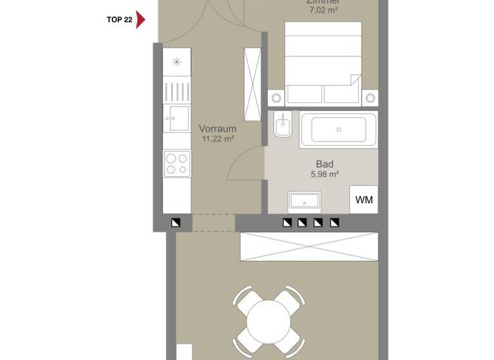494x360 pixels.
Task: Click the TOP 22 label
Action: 119,20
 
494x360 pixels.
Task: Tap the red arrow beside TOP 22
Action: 141,19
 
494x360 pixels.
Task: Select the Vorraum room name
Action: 217,129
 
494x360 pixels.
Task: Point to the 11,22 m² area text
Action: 217,138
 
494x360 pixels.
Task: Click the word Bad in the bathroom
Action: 324,164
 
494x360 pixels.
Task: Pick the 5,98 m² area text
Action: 324,174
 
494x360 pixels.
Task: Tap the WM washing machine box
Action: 363,200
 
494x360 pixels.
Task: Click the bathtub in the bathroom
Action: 338,129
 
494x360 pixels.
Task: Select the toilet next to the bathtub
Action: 282,125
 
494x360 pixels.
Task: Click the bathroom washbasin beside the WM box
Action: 304,201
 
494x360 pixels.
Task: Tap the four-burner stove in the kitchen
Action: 177,163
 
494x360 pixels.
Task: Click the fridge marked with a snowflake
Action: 177,62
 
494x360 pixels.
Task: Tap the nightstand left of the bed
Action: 277,98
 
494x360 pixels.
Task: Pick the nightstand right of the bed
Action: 370,98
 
